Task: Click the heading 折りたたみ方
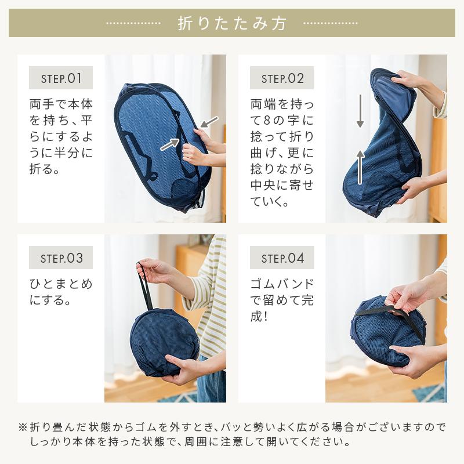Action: (x=232, y=23)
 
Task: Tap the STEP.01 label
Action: (x=61, y=78)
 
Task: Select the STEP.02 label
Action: (x=282, y=78)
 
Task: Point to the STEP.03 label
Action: (x=61, y=258)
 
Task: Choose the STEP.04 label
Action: (x=282, y=258)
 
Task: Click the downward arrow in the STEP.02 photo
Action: (x=360, y=111)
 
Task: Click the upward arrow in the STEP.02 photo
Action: (x=360, y=167)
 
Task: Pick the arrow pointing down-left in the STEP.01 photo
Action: (x=209, y=122)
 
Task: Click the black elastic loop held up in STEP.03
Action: (x=146, y=285)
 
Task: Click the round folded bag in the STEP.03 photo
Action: (x=164, y=342)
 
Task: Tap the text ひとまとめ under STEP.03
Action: (x=61, y=284)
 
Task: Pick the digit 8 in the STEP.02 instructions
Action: (x=267, y=121)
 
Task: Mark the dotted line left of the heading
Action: (x=133, y=23)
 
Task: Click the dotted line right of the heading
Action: (x=331, y=23)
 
